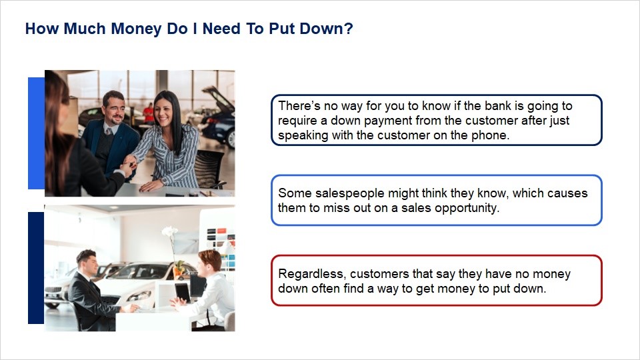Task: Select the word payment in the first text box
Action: pyautogui.click(x=388, y=121)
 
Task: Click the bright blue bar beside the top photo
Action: pyautogui.click(x=36, y=133)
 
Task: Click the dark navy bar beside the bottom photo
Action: pyautogui.click(x=36, y=268)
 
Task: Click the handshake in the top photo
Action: pyautogui.click(x=129, y=162)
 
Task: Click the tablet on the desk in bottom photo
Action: pyautogui.click(x=183, y=291)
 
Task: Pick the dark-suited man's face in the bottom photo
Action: pyautogui.click(x=90, y=265)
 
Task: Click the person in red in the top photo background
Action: pyautogui.click(x=149, y=113)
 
